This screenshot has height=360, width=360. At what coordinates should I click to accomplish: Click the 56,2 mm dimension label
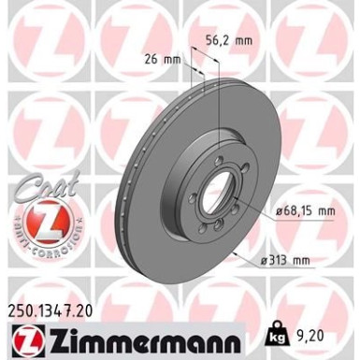point(228,40)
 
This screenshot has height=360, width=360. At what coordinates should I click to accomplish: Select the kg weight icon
point(281,332)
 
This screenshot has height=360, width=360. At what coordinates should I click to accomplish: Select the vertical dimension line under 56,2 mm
point(217,103)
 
